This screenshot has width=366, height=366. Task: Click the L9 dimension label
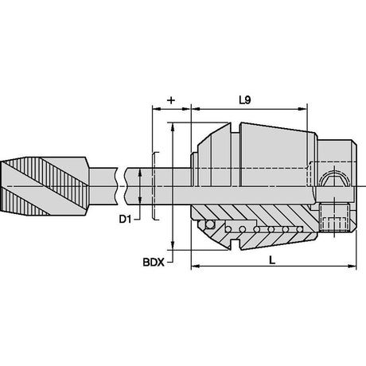245,100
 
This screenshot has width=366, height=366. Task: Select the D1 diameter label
125,220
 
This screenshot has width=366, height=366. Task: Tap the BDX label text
154,263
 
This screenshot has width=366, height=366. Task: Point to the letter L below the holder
272,260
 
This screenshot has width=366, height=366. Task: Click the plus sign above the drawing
171,100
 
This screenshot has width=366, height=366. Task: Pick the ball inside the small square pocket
210,224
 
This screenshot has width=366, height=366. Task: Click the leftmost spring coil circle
228,229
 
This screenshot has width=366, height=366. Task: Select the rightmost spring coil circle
299,229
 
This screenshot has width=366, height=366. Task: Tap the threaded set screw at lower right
334,217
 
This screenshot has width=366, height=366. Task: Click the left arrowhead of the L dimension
195,266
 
